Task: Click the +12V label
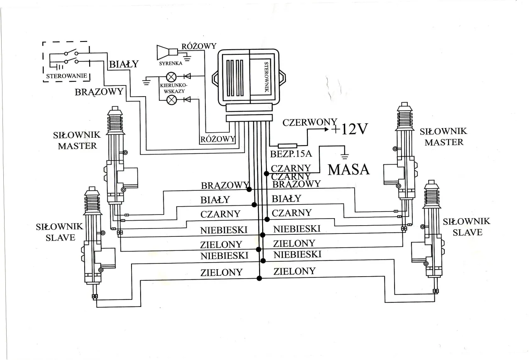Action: pyautogui.click(x=349, y=129)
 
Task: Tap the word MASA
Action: pyautogui.click(x=348, y=169)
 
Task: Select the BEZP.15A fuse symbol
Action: pyautogui.click(x=287, y=146)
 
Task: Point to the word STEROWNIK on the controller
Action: pyautogui.click(x=266, y=77)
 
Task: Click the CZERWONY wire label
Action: pyautogui.click(x=309, y=122)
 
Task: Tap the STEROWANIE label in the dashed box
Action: pyautogui.click(x=66, y=76)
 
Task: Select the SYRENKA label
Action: pyautogui.click(x=171, y=64)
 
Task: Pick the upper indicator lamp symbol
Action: pyautogui.click(x=171, y=76)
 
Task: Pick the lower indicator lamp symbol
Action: pyautogui.click(x=171, y=100)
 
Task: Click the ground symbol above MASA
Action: pyautogui.click(x=344, y=157)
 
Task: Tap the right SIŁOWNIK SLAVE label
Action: pyautogui.click(x=467, y=226)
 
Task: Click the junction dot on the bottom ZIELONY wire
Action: pyautogui.click(x=260, y=279)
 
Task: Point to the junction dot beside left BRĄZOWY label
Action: pyautogui.click(x=249, y=189)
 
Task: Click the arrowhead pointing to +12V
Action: pyautogui.click(x=325, y=129)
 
